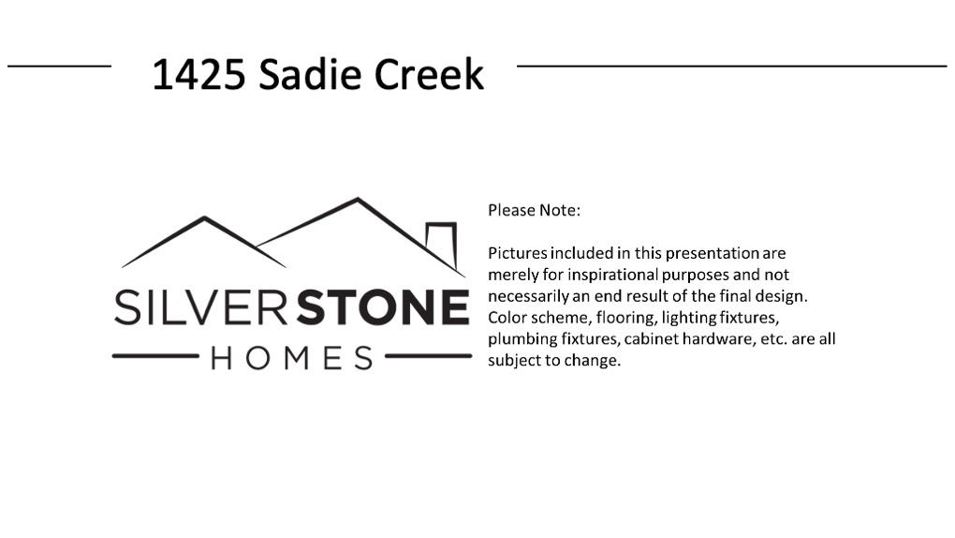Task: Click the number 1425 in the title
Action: pos(198,74)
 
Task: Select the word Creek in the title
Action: pos(429,74)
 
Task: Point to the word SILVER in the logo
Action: pos(201,307)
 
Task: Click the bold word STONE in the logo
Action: pos(383,307)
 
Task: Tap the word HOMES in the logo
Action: pos(292,358)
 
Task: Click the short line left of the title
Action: pos(59,66)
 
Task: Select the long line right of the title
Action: pos(731,66)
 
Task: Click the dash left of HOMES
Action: pos(155,355)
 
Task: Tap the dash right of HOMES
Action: pos(428,355)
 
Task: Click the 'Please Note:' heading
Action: pos(534,211)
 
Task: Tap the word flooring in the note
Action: pos(625,318)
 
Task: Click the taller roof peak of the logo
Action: pos(358,199)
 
